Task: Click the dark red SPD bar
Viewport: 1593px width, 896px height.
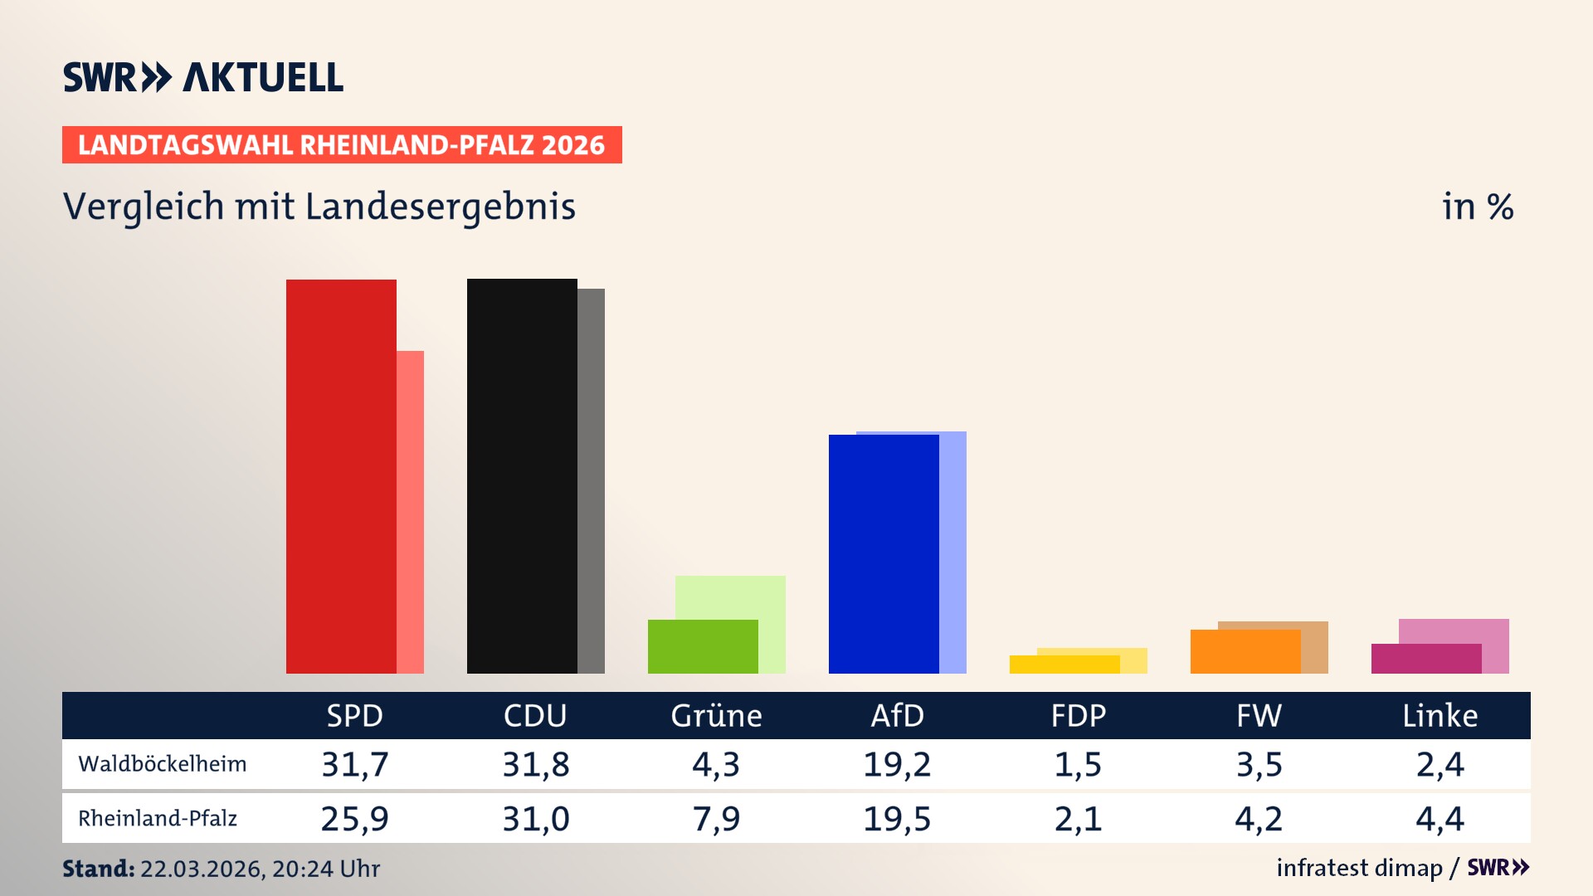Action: pyautogui.click(x=341, y=476)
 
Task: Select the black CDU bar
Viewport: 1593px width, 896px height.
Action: pyautogui.click(x=522, y=476)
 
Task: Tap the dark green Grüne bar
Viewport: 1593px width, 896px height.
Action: pyautogui.click(x=703, y=647)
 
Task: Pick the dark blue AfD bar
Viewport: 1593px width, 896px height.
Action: pyautogui.click(x=884, y=554)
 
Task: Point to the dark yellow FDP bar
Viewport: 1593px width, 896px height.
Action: pyautogui.click(x=1064, y=665)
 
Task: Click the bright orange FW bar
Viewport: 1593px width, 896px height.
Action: pyautogui.click(x=1245, y=652)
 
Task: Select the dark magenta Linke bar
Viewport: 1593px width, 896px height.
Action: pyautogui.click(x=1426, y=660)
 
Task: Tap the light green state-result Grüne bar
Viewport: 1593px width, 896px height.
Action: pyautogui.click(x=730, y=597)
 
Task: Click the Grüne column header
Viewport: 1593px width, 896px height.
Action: pyautogui.click(x=716, y=716)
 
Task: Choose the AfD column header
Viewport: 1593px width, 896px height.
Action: pyautogui.click(x=897, y=716)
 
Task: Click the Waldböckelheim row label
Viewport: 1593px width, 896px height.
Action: pyautogui.click(x=163, y=764)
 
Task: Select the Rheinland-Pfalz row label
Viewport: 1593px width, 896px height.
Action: pyautogui.click(x=158, y=819)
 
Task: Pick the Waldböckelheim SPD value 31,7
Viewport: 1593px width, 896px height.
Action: pyautogui.click(x=355, y=764)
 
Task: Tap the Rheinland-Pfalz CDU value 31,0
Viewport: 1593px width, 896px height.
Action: pyautogui.click(x=536, y=819)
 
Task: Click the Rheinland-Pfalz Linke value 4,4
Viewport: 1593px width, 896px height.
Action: pyautogui.click(x=1440, y=819)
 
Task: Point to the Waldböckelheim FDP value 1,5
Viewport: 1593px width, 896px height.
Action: pyautogui.click(x=1078, y=764)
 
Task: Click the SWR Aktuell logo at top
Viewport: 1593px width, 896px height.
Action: pyautogui.click(x=203, y=77)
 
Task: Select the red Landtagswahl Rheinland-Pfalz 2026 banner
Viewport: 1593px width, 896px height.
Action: pyautogui.click(x=342, y=145)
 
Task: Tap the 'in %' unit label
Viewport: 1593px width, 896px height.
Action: pyautogui.click(x=1478, y=207)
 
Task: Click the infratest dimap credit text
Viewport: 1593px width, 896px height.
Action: pyautogui.click(x=1359, y=868)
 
